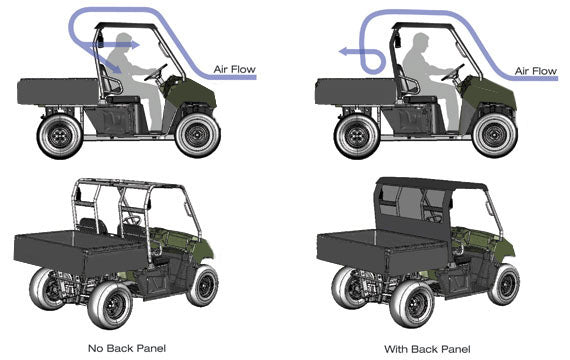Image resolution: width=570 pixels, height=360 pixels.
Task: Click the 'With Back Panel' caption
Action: tap(426, 347)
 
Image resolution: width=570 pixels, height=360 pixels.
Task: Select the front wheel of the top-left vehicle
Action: tap(198, 134)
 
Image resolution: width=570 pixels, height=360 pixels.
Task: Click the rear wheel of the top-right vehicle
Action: tap(357, 136)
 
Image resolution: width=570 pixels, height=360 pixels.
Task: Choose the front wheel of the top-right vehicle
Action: tap(497, 134)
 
